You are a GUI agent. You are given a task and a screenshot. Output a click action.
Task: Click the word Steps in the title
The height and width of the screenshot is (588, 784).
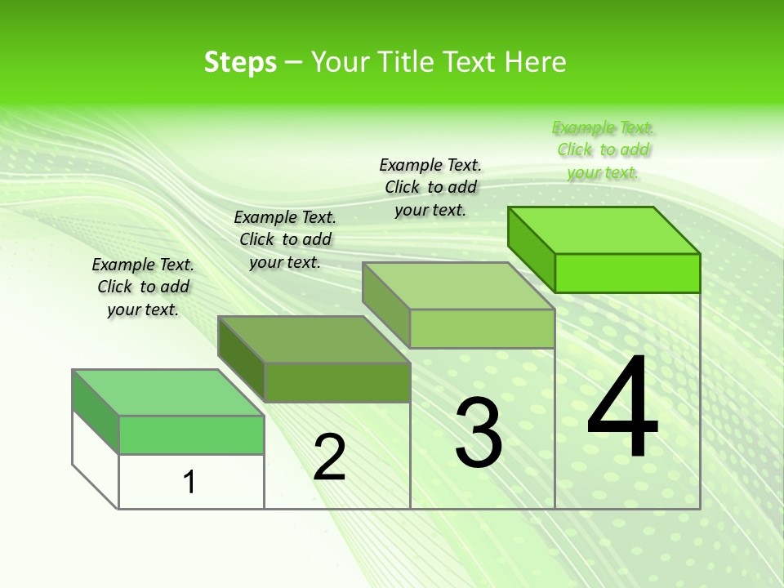tap(240, 62)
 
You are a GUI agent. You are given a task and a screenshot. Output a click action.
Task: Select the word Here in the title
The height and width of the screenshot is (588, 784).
tap(534, 62)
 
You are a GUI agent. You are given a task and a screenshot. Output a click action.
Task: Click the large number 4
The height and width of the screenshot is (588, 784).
tap(622, 408)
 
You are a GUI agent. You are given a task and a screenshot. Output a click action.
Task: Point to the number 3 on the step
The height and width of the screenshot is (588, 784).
tap(478, 433)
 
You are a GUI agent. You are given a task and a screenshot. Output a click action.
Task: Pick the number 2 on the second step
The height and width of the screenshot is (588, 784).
tap(330, 457)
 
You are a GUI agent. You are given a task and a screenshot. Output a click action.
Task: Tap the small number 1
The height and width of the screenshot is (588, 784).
tap(189, 483)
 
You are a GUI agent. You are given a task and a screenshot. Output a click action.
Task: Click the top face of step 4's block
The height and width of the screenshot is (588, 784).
tap(604, 230)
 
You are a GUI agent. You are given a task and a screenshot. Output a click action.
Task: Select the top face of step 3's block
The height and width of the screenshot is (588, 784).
tap(459, 286)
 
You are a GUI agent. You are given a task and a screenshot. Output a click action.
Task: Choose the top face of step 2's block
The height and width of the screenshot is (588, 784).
tap(314, 340)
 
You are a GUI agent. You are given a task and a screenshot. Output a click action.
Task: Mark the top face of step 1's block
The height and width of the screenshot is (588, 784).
tap(168, 393)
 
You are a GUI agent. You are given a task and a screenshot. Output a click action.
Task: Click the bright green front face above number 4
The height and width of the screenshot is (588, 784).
tap(627, 273)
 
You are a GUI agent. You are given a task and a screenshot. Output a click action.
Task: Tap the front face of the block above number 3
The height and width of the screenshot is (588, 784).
tap(482, 328)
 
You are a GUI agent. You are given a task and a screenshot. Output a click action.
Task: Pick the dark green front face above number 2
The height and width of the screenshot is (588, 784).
tap(336, 382)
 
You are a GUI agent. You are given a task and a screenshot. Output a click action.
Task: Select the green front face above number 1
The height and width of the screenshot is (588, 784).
tap(191, 434)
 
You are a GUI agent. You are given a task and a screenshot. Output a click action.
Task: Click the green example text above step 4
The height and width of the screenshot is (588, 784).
tap(603, 149)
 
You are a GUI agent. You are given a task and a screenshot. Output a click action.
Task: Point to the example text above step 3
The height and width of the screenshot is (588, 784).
tap(430, 187)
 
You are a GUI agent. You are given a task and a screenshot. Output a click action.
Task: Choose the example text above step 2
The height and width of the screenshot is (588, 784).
tap(285, 239)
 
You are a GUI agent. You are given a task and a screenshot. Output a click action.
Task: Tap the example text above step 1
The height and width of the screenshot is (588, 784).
tap(143, 287)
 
